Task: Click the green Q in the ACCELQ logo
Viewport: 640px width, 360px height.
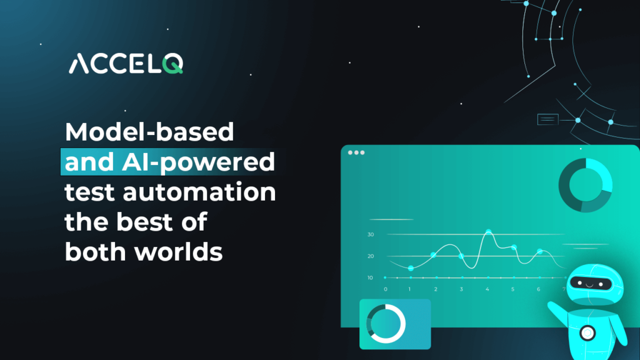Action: [x=172, y=64]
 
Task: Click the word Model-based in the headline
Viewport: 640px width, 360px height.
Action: [x=149, y=132]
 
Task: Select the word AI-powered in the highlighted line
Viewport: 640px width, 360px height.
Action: [x=198, y=162]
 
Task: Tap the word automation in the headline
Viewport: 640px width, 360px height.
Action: [x=199, y=192]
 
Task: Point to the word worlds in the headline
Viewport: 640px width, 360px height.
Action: [x=178, y=251]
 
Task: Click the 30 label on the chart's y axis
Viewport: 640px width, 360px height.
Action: [x=371, y=235]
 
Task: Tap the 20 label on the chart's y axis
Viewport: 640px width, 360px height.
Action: [x=371, y=256]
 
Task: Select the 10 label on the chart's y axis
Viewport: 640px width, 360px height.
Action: [x=370, y=277]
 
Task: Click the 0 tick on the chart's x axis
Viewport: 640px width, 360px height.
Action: [x=386, y=289]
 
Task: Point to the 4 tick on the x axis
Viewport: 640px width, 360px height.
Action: [x=487, y=289]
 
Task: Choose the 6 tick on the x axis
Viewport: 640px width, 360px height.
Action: [x=538, y=289]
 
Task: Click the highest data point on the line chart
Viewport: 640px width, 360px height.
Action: [x=489, y=232]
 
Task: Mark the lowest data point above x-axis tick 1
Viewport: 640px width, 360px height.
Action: [x=411, y=268]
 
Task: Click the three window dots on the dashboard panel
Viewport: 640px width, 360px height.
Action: [x=356, y=152]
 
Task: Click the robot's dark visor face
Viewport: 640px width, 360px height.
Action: [x=591, y=283]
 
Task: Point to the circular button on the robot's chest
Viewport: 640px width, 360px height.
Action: [x=587, y=333]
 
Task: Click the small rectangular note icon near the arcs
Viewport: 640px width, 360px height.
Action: [x=547, y=119]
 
